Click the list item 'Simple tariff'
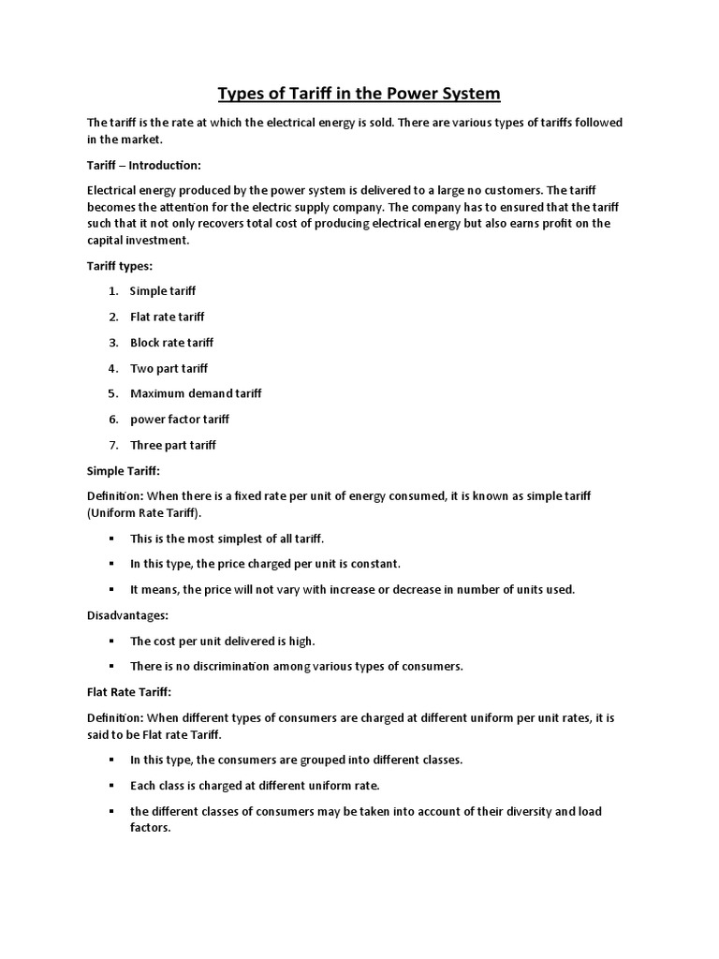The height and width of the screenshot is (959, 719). (163, 291)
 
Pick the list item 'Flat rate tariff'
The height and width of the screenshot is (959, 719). (167, 317)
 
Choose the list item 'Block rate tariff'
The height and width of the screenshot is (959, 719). (171, 343)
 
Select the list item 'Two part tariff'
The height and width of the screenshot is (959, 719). (169, 368)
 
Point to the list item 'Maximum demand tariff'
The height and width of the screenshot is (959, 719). (196, 393)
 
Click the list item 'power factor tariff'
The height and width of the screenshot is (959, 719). (180, 419)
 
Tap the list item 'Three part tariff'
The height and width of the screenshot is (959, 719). (173, 445)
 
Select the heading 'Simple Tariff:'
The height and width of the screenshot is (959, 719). (124, 470)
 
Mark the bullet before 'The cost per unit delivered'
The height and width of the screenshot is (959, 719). (110, 642)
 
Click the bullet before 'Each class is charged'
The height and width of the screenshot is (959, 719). (110, 785)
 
